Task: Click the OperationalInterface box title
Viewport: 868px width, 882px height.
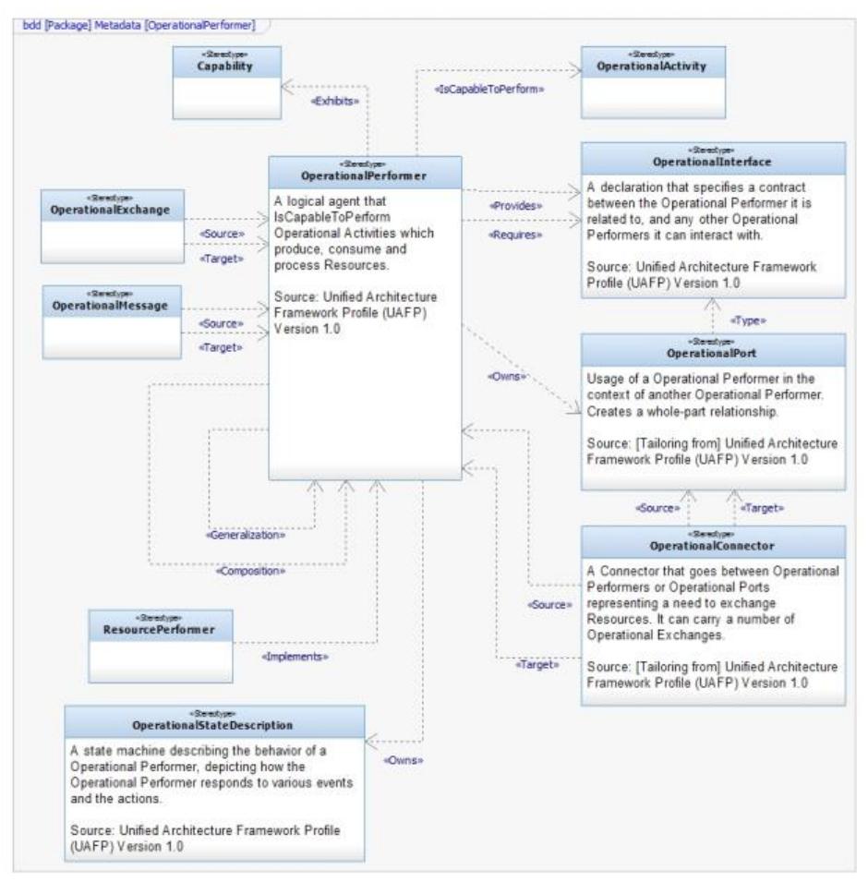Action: click(x=712, y=162)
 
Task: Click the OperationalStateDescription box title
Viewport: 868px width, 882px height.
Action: click(x=213, y=724)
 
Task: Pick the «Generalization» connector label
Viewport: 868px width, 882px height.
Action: click(x=245, y=533)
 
